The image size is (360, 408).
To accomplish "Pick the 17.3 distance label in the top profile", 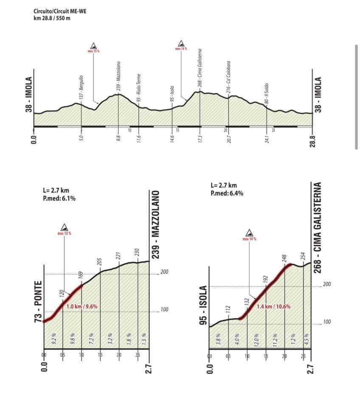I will pyautogui.click(x=200, y=139).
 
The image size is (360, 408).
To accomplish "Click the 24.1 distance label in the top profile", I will pyautogui.click(x=266, y=139).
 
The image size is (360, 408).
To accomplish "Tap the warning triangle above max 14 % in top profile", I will pyautogui.click(x=181, y=43).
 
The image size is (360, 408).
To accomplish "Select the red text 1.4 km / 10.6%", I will pyautogui.click(x=274, y=306).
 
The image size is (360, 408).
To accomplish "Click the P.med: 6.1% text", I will pyautogui.click(x=59, y=198).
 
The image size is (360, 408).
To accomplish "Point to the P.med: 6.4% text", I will pyautogui.click(x=227, y=193).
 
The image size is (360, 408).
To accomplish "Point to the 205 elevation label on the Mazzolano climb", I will pyautogui.click(x=100, y=261).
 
